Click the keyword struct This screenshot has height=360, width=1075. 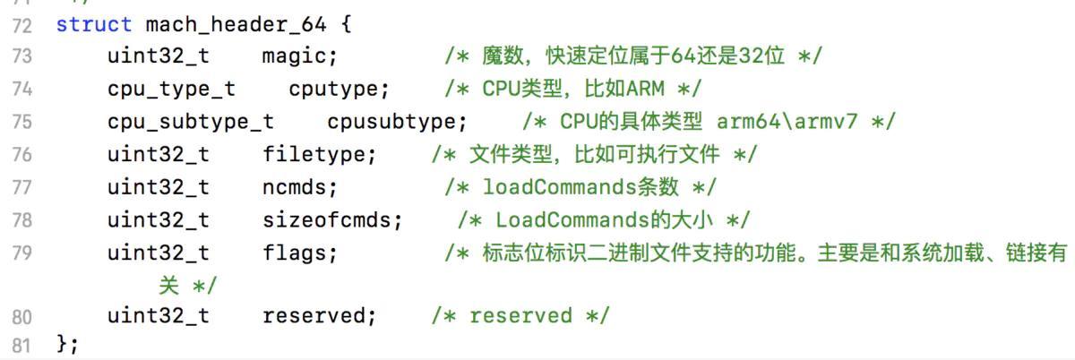coord(93,24)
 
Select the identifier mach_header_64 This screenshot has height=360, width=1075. coord(236,24)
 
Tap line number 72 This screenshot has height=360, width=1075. coord(22,25)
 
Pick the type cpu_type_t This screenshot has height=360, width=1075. coord(171,90)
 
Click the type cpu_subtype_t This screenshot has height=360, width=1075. coord(191,122)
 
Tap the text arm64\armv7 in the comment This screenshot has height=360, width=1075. coord(787,122)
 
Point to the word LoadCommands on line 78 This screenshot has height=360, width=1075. coord(572,219)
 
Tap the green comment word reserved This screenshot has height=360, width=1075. coord(521,316)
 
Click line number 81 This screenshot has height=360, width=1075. coord(21,346)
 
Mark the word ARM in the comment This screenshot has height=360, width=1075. coord(646,89)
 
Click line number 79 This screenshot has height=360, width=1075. coord(22,253)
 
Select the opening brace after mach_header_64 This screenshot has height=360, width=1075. coord(347,24)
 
